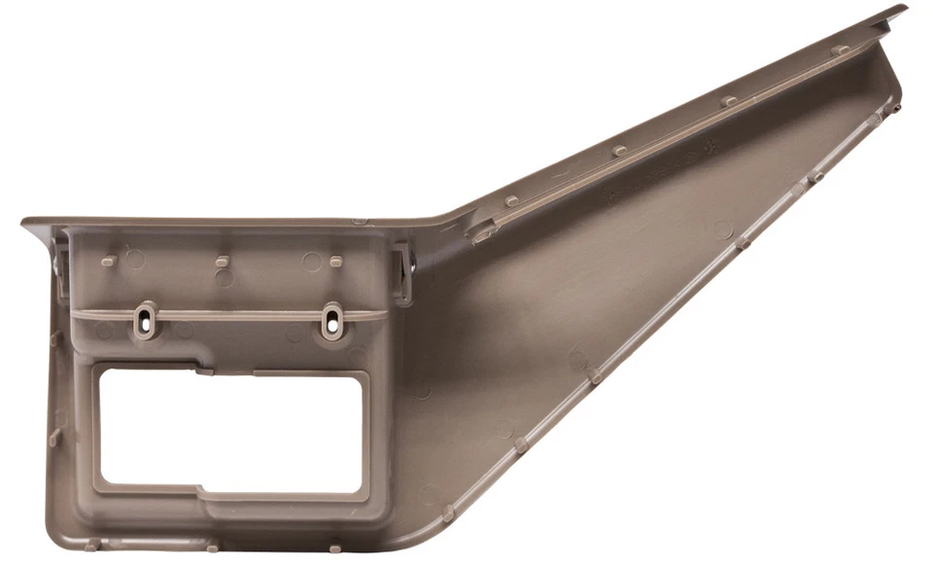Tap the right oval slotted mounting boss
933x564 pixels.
[332, 320]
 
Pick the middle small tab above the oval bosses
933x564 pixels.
[223, 261]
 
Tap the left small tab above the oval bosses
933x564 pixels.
[109, 261]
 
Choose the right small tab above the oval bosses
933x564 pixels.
[336, 261]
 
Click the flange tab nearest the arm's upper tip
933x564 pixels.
[840, 49]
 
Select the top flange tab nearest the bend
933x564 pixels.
[511, 201]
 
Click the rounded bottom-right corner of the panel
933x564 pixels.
[428, 534]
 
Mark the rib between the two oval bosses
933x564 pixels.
[239, 315]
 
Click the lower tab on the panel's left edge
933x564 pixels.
[55, 437]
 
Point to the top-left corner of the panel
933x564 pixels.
[25, 224]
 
